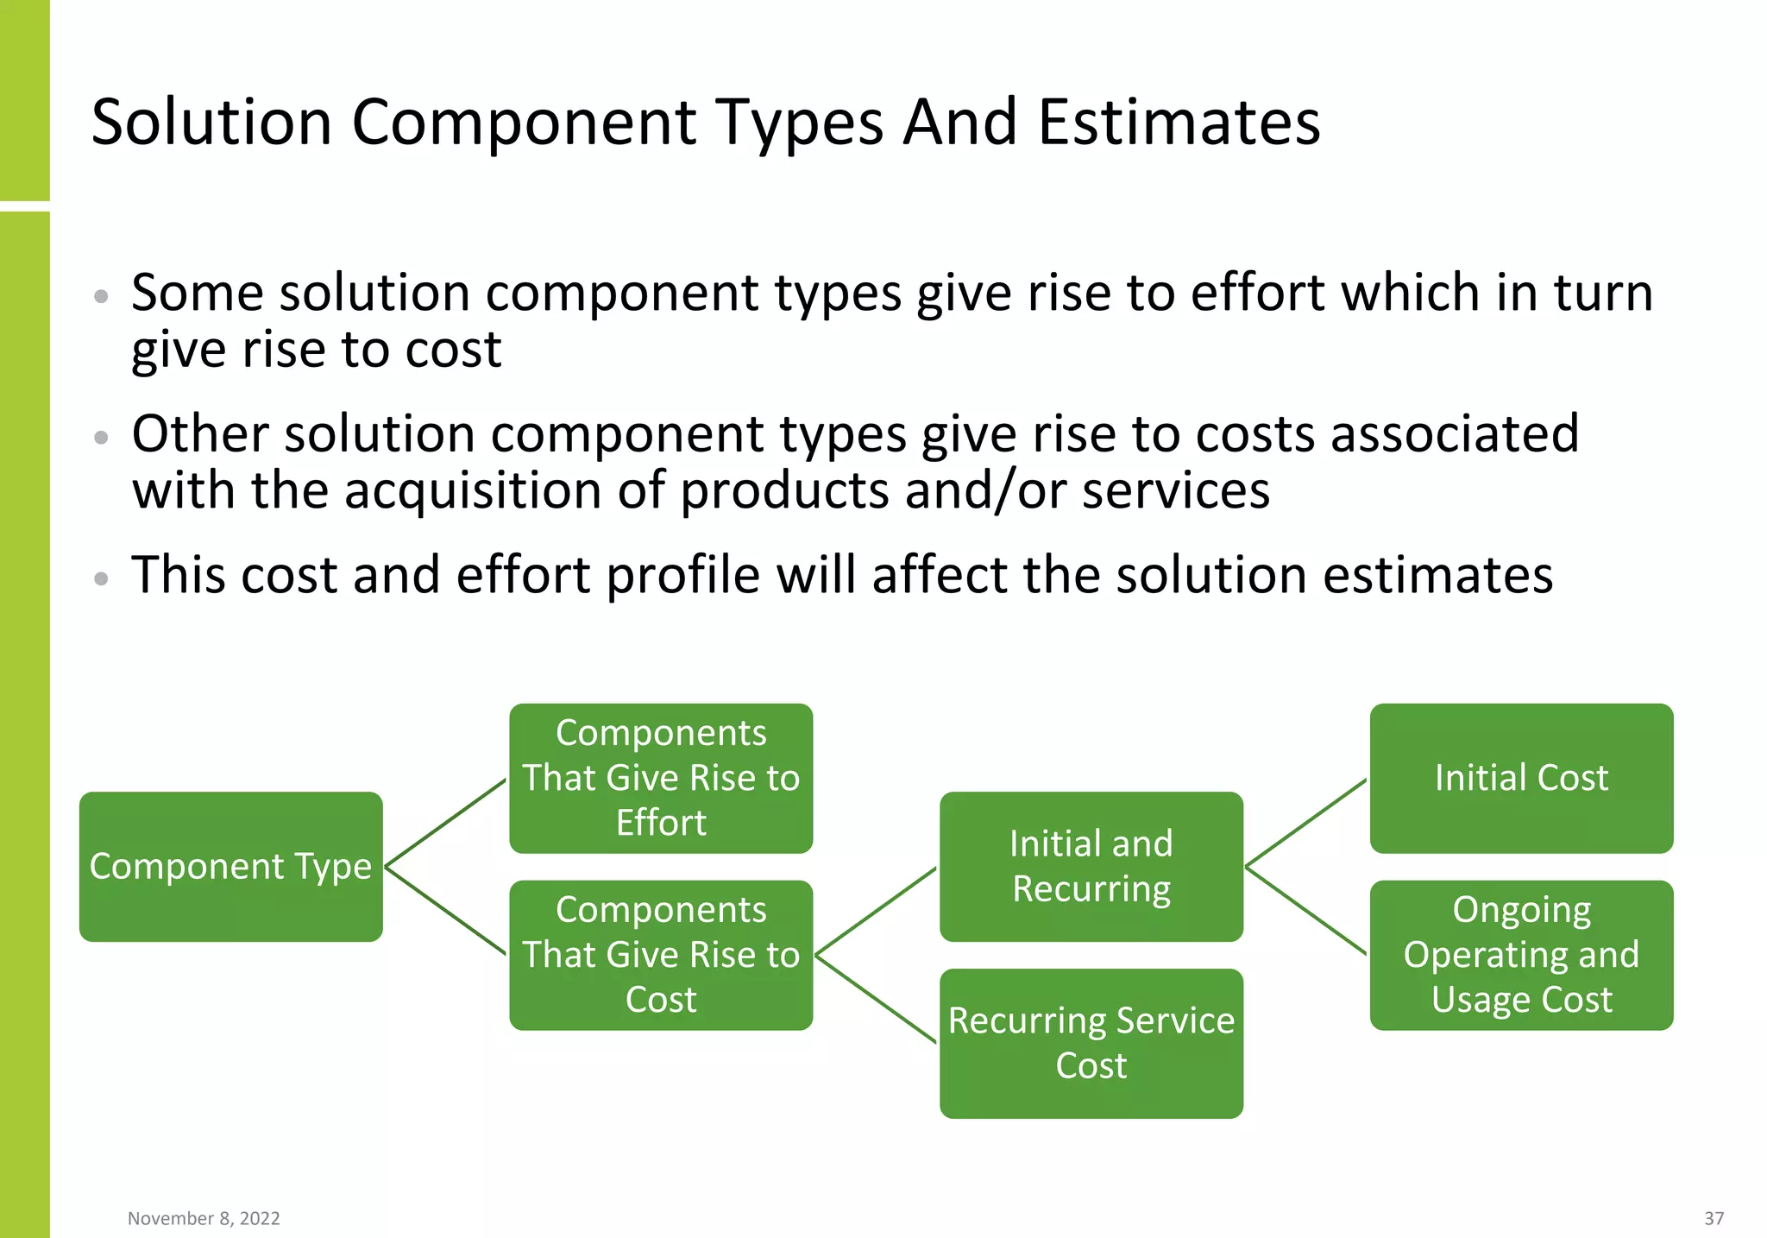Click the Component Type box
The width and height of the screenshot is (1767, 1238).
coord(230,866)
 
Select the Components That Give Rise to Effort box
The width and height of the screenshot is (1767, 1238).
coord(661,778)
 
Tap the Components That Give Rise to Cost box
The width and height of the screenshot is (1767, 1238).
coord(661,955)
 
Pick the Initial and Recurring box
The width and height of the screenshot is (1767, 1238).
coord(1091,866)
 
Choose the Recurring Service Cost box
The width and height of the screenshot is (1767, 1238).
coord(1091,1043)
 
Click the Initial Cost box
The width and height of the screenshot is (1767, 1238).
coord(1521,778)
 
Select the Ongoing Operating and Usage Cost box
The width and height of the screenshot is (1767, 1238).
coord(1521,955)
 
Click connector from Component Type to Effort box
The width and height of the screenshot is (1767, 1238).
coord(445,822)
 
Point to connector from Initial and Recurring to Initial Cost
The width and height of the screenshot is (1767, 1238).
coord(1306,822)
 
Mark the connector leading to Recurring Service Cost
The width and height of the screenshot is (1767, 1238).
coord(876,999)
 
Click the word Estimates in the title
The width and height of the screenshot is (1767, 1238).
coord(1179,122)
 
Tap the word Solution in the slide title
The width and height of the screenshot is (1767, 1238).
coord(211,122)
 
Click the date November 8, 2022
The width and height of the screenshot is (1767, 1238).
coord(204,1218)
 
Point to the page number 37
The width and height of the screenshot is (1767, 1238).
coord(1714,1218)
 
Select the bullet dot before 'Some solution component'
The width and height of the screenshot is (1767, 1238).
coord(102,296)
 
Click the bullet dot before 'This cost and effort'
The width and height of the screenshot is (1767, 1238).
coord(102,578)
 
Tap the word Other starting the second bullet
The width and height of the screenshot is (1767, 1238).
coord(199,433)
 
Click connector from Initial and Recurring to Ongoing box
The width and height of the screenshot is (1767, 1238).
coord(1306,911)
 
